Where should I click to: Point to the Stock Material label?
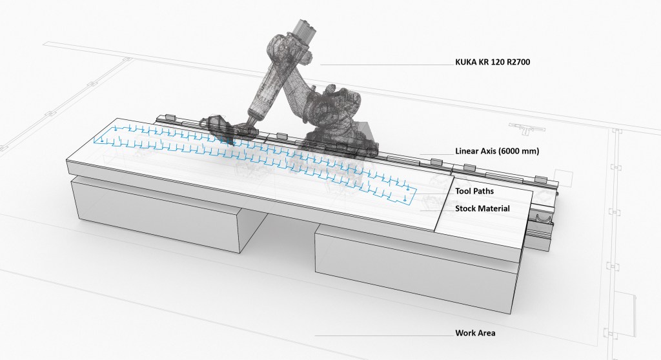483,208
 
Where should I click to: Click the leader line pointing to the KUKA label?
387,65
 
